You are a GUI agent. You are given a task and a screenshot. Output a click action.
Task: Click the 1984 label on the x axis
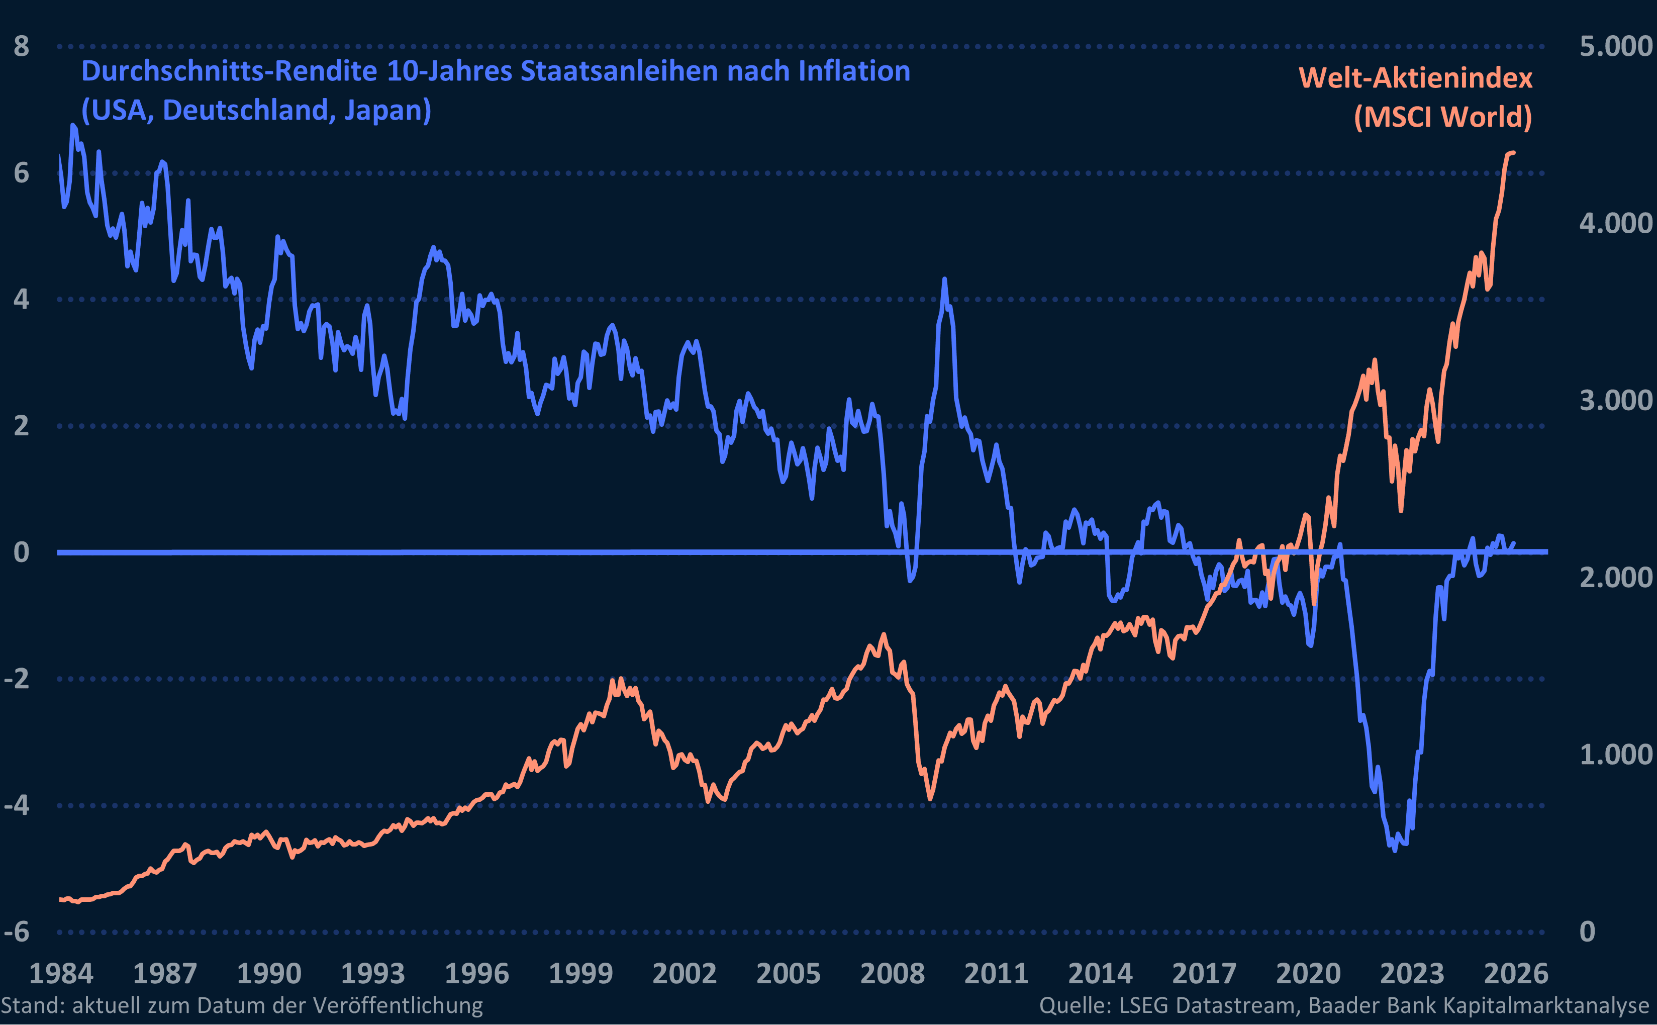tap(61, 974)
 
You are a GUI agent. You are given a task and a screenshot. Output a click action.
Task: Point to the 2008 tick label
tap(892, 974)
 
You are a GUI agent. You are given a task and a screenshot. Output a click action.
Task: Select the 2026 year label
tap(1516, 974)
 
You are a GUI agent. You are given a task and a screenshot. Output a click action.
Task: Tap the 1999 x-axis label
tap(580, 974)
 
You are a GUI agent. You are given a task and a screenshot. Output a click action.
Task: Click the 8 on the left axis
tap(22, 46)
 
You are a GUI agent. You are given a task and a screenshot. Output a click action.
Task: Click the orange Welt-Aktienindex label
tap(1415, 78)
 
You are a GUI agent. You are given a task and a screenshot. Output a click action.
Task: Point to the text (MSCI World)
tap(1442, 117)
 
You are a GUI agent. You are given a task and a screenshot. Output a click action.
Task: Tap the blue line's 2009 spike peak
tap(944, 279)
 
